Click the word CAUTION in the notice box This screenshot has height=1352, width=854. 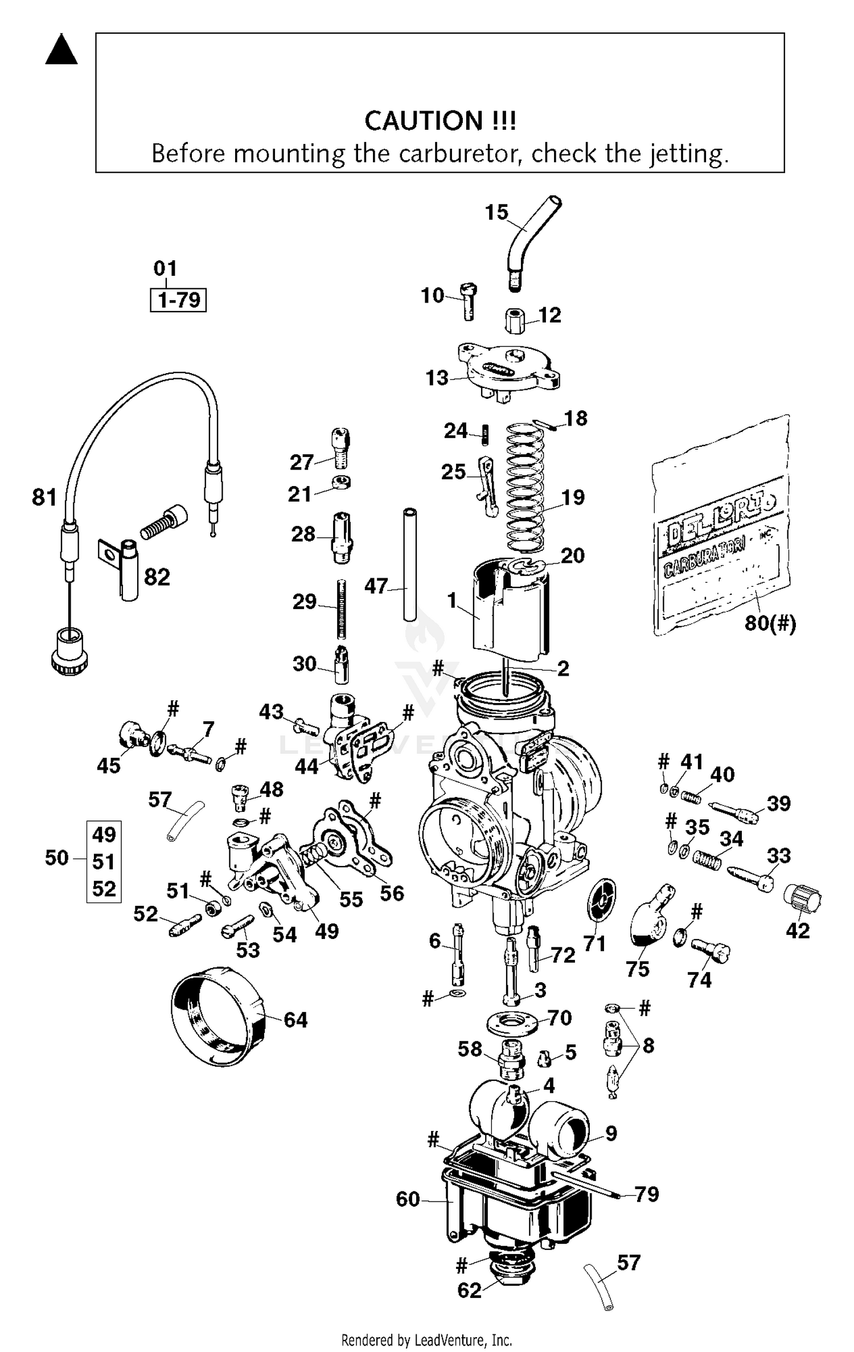(423, 121)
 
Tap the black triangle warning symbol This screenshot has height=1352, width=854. (61, 51)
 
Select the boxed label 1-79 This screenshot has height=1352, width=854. (178, 300)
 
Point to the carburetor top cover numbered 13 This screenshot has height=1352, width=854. (508, 370)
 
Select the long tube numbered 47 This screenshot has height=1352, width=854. (409, 564)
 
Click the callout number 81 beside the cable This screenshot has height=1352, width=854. (44, 497)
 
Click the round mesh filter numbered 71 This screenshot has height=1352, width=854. (602, 900)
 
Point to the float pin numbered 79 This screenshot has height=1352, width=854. (586, 1184)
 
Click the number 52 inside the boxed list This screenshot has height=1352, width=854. (104, 889)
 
